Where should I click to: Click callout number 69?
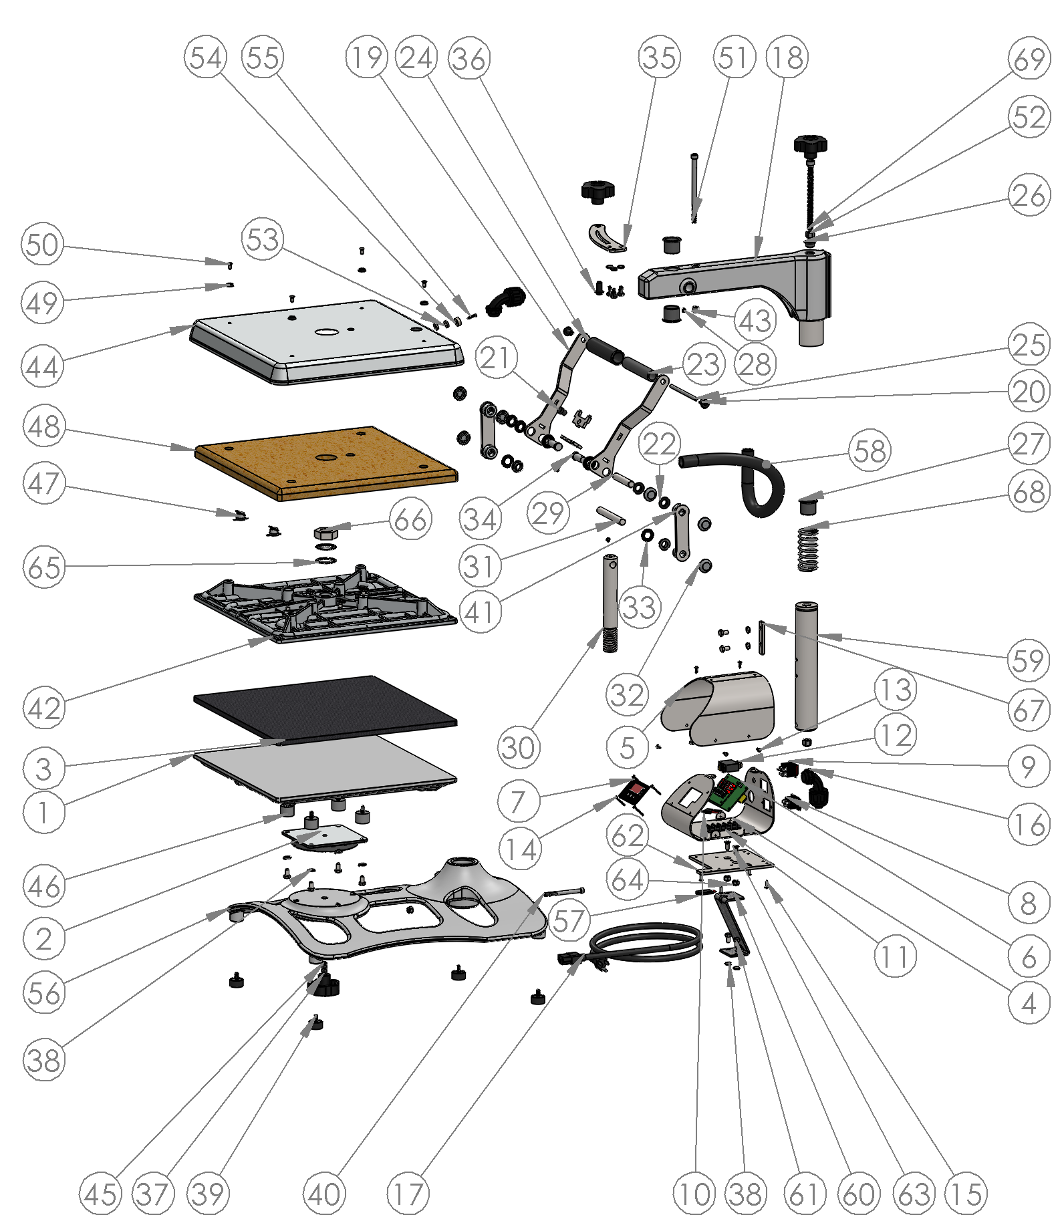pyautogui.click(x=1029, y=58)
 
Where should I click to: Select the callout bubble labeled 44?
pyautogui.click(x=42, y=366)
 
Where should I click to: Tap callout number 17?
pyautogui.click(x=408, y=1193)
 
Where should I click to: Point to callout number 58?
pyautogui.click(x=870, y=451)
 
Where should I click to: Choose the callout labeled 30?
pyautogui.click(x=519, y=747)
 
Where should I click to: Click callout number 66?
pyautogui.click(x=410, y=519)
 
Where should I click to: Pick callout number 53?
pyautogui.click(x=262, y=239)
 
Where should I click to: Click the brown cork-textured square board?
pyautogui.click(x=325, y=462)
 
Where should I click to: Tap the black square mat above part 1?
pyautogui.click(x=325, y=701)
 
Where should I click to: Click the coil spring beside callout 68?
pyautogui.click(x=808, y=549)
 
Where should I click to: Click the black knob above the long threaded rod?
pyautogui.click(x=810, y=143)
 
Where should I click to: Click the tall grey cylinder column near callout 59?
pyautogui.click(x=806, y=666)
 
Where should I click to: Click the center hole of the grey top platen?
pyautogui.click(x=326, y=331)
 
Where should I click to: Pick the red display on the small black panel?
pyautogui.click(x=635, y=790)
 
